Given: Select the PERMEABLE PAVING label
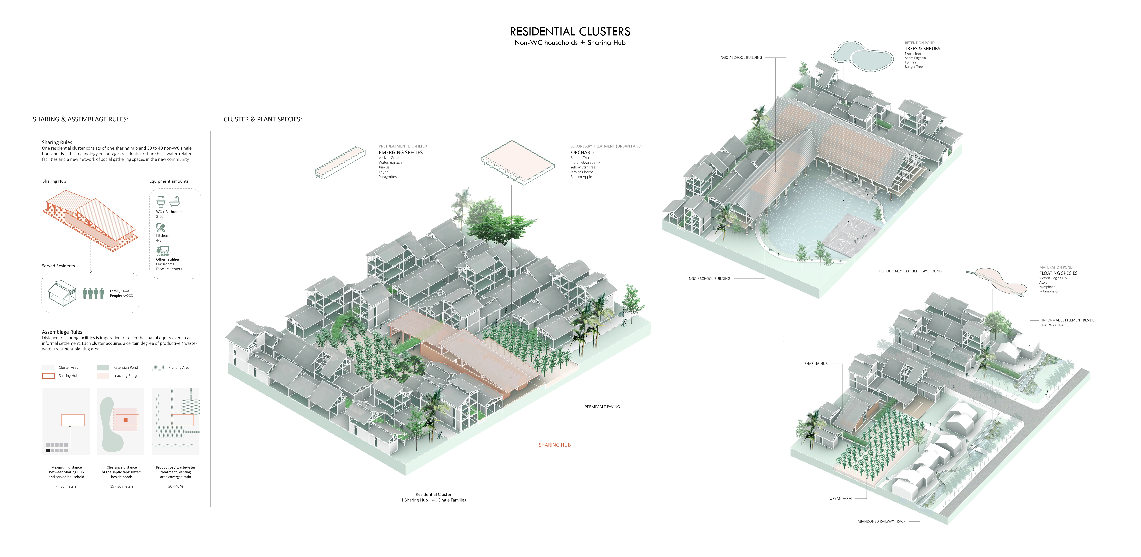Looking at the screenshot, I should pos(602,407).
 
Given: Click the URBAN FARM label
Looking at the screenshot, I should pos(840,498).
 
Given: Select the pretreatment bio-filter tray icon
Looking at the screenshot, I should pos(340,162).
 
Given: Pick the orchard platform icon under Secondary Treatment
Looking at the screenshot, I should pos(517,162).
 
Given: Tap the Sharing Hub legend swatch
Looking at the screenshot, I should pos(48,376).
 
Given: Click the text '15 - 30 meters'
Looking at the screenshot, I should pos(122,486).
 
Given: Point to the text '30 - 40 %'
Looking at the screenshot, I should pos(175,486).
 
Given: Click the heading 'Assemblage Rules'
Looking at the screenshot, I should pos(62,332).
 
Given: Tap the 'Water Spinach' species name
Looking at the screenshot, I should pos(390,163).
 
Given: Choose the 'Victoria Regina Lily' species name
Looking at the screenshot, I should pos(1053,278).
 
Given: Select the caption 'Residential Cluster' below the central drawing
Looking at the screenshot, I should pos(433,495).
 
